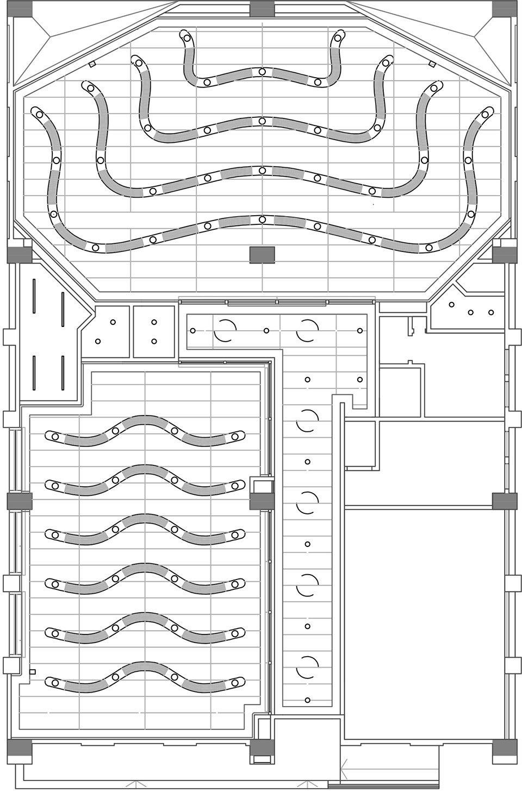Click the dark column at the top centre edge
coord(262,8)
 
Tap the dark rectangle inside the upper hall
coord(262,255)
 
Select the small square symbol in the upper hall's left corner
coord(91,64)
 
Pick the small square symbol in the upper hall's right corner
coord(433,64)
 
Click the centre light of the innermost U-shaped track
coord(262,71)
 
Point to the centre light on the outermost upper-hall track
coord(262,219)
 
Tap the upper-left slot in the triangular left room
coord(34,295)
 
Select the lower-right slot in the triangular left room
coord(64,373)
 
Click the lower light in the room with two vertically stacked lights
coord(154,341)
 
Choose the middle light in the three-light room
coord(471,312)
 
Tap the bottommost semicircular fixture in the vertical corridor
coord(307,667)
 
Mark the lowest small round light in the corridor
coord(308,700)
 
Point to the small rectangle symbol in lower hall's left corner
coord(33,672)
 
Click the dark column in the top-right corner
coord(504,8)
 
